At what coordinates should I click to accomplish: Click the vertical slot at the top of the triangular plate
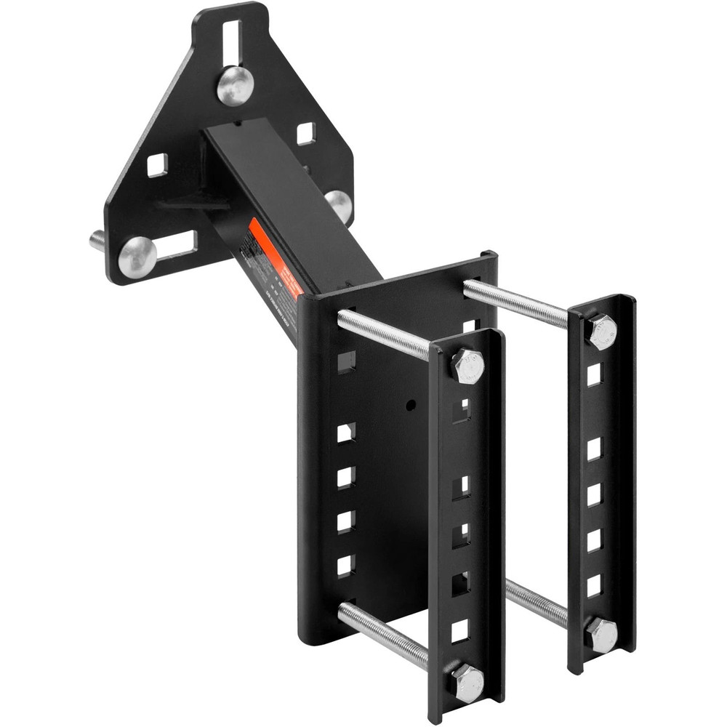(230, 41)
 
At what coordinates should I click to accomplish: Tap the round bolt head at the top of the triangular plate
(235, 85)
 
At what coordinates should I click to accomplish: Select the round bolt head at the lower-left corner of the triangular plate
(137, 257)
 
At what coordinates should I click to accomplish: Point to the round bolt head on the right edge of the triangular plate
(339, 206)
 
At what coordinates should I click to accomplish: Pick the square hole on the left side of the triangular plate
(157, 165)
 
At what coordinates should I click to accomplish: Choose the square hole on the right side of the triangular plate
(306, 133)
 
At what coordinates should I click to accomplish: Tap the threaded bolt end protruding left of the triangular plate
(98, 240)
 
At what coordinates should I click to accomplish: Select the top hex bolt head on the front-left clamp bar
(467, 366)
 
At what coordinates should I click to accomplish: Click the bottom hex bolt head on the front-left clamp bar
(466, 683)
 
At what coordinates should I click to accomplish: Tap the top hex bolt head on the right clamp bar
(602, 331)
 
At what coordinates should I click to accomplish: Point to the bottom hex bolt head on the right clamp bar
(601, 634)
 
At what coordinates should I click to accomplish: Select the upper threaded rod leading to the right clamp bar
(516, 302)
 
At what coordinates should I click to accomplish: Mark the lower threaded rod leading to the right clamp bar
(538, 603)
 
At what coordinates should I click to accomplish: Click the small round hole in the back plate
(411, 403)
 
